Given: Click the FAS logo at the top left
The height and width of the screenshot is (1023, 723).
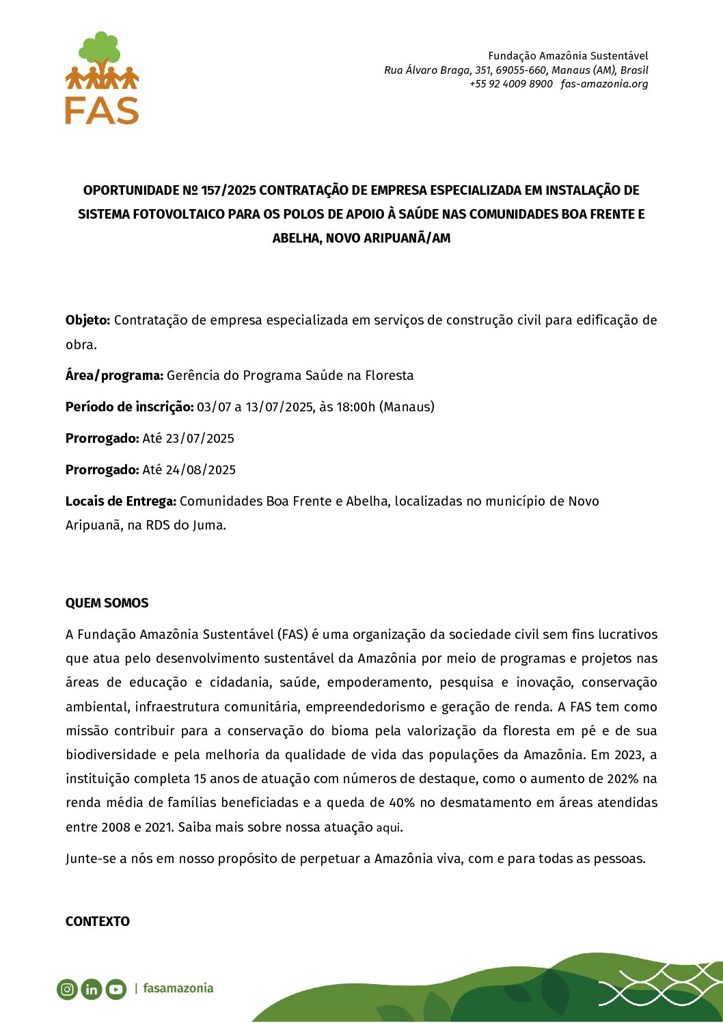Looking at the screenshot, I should pos(102,79).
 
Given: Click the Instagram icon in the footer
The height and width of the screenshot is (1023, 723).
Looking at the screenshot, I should pos(67,989).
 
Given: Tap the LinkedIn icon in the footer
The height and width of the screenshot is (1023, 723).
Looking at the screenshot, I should pos(92,989).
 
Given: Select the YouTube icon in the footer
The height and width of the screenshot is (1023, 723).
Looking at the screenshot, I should pos(116,989).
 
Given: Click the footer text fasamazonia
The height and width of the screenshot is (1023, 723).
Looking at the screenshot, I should pos(178,988).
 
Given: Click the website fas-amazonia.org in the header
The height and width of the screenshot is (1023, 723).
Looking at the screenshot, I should pos(604,84).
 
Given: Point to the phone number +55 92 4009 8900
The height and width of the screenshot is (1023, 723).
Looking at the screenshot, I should pos(511,84).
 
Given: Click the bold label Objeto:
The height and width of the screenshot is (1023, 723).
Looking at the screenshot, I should pos(88,320).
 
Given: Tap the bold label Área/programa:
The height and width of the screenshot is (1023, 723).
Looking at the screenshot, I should pos(114,375).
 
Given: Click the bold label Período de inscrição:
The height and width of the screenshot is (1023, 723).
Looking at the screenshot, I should pos(130,407).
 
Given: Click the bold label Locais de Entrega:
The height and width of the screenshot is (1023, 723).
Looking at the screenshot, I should pos(121,501).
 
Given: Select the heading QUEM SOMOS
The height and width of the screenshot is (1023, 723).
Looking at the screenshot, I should pos(107,603).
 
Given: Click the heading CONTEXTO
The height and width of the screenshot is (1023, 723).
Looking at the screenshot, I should pos(98,921).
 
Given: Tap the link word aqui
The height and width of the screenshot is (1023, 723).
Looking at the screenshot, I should pos(388,828).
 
